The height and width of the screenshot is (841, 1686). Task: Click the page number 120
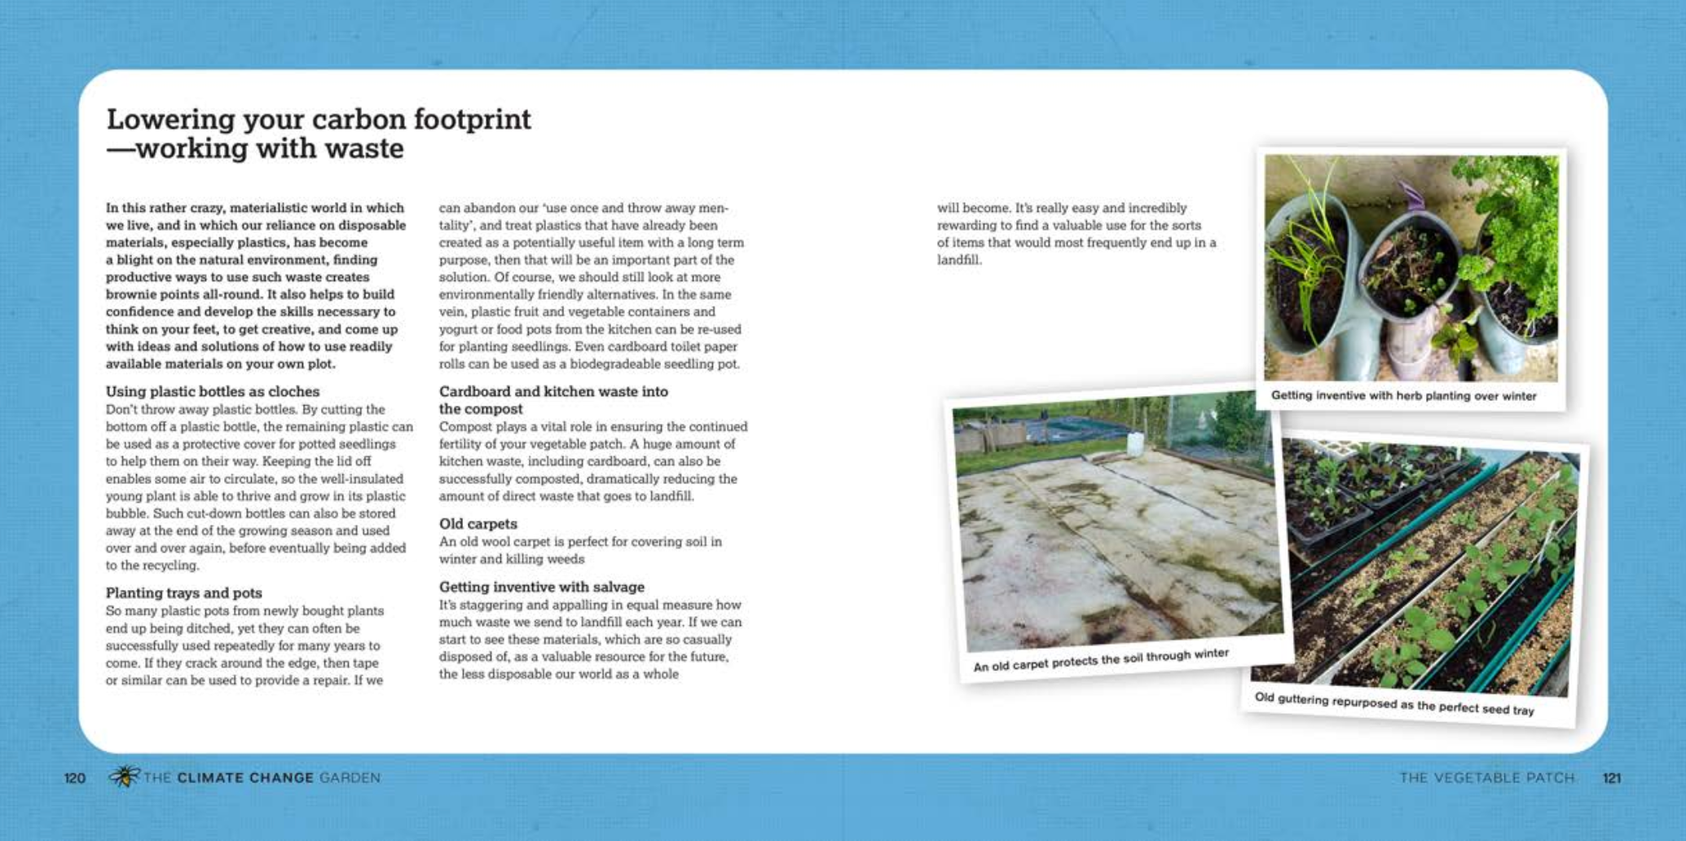[x=75, y=778]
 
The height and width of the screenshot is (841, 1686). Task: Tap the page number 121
[x=1611, y=778]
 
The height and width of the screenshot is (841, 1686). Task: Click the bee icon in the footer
[x=124, y=777]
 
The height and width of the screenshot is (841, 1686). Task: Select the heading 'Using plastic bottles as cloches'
[x=213, y=391]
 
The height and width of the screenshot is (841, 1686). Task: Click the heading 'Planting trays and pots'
[x=183, y=592]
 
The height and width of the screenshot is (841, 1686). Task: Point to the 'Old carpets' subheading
[x=478, y=523]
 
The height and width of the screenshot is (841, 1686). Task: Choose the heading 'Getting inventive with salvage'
[x=541, y=587]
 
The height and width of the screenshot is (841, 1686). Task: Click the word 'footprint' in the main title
[x=472, y=120]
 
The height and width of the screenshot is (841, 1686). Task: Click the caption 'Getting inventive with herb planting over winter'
[x=1403, y=396]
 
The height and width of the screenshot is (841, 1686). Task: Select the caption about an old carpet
[x=1100, y=660]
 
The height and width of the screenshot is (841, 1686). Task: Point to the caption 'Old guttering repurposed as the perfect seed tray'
[x=1393, y=703]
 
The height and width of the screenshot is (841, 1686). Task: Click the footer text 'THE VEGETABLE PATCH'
[x=1486, y=778]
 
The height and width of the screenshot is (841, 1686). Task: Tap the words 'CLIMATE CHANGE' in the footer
[x=245, y=778]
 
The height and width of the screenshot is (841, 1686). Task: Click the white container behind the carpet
[x=1134, y=443]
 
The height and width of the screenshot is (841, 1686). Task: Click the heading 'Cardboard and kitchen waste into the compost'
[x=553, y=399]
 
